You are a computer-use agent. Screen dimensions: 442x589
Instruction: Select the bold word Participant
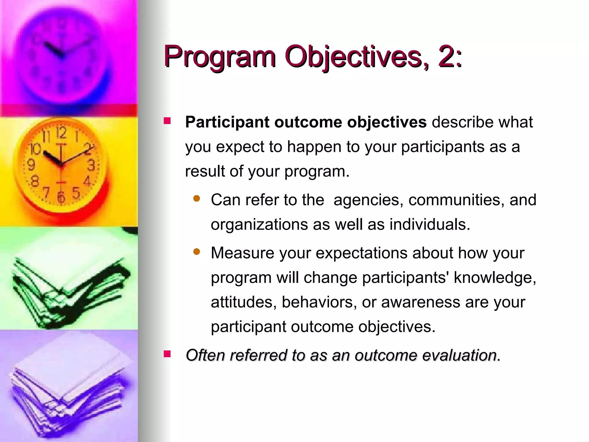[x=227, y=122]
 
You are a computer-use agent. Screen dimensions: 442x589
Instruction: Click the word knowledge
[x=494, y=278]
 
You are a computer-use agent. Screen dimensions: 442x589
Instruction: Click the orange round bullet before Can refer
[x=197, y=199]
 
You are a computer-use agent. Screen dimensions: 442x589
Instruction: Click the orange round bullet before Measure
[x=197, y=252]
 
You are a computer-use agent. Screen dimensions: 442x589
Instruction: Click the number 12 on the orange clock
[x=61, y=133]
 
